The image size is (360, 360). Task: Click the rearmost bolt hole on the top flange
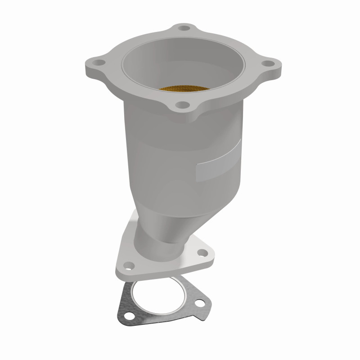pos(183,28)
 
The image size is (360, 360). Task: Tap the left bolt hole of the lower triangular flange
pos(128,265)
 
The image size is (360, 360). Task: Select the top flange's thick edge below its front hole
pos(182,118)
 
